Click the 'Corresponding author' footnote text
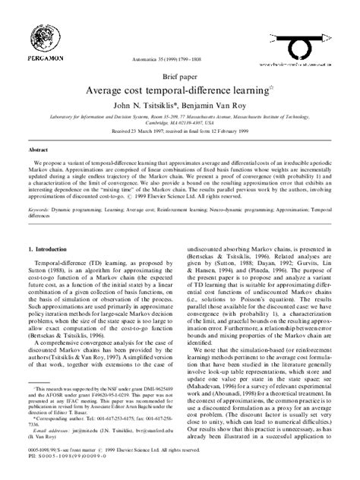(64, 439)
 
